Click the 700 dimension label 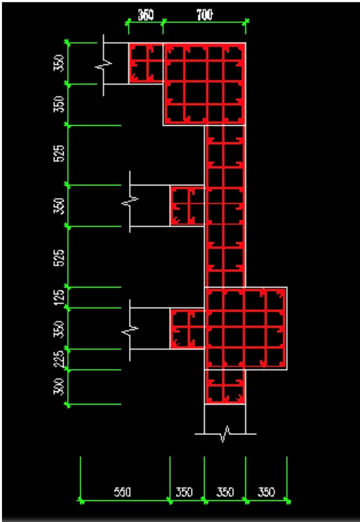coord(205,15)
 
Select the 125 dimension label coord(60,297)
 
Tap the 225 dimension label coord(60,359)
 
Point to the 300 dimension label coord(60,387)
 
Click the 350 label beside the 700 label coord(145,15)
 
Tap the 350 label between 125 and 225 coord(60,328)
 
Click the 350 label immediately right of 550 coord(184,492)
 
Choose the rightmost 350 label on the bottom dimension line coord(266,492)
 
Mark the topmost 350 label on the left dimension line coord(60,64)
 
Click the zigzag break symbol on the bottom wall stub coord(225,434)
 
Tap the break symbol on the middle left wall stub coord(130,201)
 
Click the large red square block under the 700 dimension coord(205,84)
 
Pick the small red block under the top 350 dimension coord(146,63)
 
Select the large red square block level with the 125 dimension coord(246,328)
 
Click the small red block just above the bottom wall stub coord(225,387)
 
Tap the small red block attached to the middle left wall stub coord(188,206)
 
